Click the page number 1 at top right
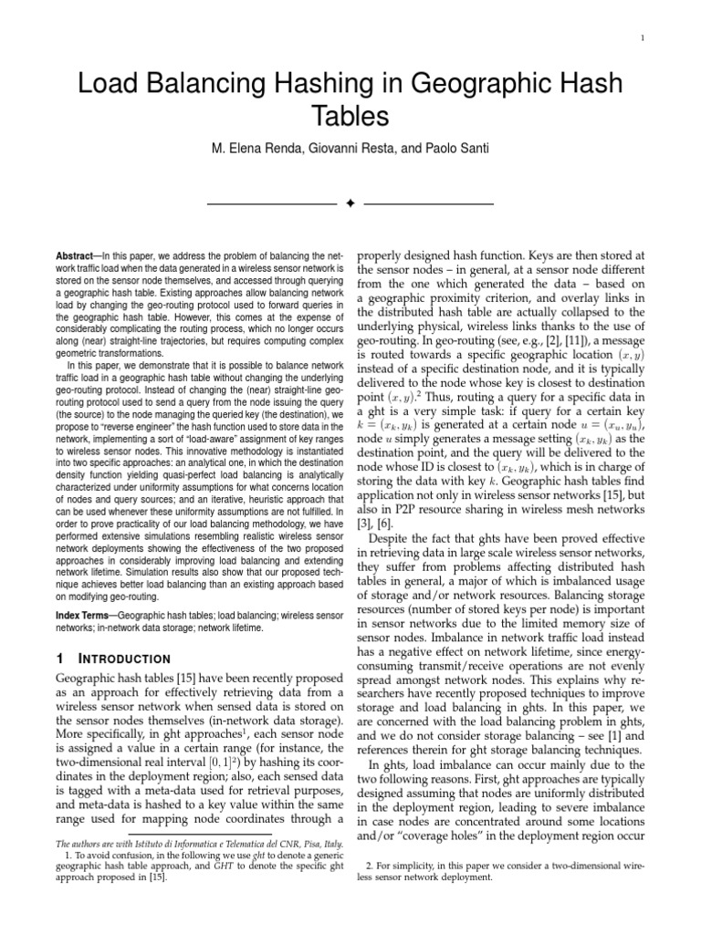(643, 37)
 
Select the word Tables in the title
(350, 117)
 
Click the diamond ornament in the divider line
(350, 202)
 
